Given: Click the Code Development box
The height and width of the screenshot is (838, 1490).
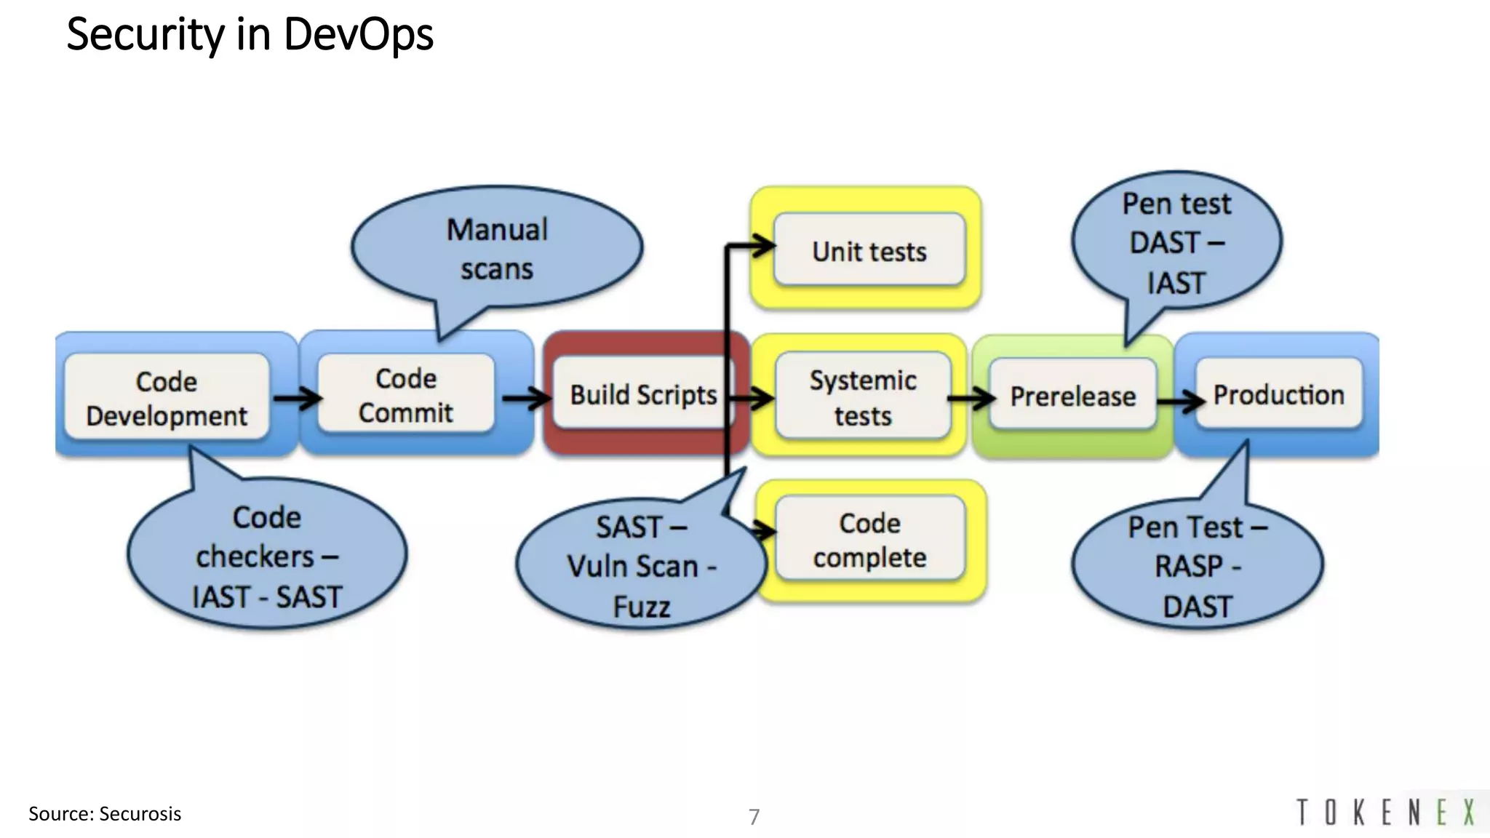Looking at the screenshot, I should point(167,397).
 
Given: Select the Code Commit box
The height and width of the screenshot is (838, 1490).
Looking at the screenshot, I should point(405,394).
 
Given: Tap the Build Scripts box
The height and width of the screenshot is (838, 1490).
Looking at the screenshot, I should point(640,394).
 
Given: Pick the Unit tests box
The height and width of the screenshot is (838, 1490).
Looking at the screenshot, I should point(869,251).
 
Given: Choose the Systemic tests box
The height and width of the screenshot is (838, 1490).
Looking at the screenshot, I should point(863,397).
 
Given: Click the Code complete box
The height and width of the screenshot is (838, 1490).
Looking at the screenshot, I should point(869,540).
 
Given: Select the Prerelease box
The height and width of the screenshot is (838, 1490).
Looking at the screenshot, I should point(1072,396).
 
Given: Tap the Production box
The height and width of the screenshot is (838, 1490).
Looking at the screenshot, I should point(1278,394).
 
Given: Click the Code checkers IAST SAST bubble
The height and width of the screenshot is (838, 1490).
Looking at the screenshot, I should point(266,556).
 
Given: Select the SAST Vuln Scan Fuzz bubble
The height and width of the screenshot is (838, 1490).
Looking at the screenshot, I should point(640,565).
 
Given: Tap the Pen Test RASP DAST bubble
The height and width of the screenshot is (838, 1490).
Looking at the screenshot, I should point(1197,565).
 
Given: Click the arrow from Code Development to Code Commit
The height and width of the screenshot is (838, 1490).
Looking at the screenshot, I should point(297,398).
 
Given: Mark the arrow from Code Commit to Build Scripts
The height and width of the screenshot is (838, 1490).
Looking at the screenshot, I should point(526,398).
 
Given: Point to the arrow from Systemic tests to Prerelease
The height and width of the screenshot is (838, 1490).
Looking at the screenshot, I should point(971,398).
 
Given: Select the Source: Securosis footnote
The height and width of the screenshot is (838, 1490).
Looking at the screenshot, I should point(105,813).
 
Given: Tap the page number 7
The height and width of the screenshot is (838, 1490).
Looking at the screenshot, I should point(754,816).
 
